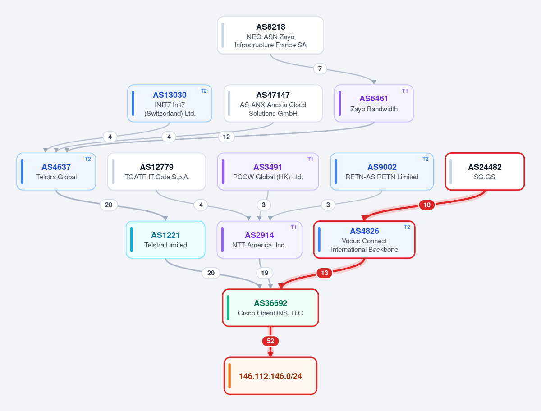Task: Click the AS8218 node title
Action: pos(270,27)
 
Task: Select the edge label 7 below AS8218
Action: pos(320,68)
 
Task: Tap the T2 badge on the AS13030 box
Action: pos(204,91)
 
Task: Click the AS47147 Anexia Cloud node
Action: pos(273,104)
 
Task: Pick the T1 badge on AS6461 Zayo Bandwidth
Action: pos(405,91)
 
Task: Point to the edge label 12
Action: pos(226,137)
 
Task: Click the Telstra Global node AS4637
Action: pos(56,171)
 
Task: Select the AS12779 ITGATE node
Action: pos(156,171)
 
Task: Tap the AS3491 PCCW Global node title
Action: pos(268,167)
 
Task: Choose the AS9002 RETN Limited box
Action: pos(382,171)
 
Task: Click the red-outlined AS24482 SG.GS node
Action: pos(485,171)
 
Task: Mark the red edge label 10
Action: pos(427,205)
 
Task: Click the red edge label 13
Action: pos(325,273)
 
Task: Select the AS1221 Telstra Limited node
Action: pos(165,239)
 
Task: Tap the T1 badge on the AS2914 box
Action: pos(293,227)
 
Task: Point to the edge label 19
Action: pos(265,273)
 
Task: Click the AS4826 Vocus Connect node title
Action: pos(365,231)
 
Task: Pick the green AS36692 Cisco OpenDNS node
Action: pos(270,307)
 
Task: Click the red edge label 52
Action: pos(270,341)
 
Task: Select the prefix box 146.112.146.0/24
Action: pos(270,376)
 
